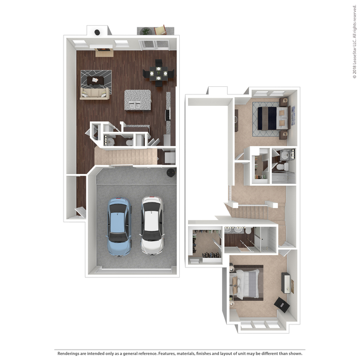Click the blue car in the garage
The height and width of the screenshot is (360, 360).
(x=119, y=227)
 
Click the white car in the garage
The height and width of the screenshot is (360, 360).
(x=152, y=226)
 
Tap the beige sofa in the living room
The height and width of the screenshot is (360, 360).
(x=95, y=93)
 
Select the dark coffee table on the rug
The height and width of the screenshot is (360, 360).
(x=95, y=81)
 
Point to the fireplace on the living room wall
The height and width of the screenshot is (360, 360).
(x=104, y=50)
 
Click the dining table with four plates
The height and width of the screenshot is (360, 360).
(x=159, y=73)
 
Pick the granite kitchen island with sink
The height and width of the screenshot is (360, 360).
(x=138, y=100)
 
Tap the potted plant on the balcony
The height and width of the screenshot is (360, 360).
(x=146, y=31)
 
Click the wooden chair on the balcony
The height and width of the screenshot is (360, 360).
(x=160, y=30)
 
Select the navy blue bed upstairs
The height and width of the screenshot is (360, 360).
(x=273, y=118)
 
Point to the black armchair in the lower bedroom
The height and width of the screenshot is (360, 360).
(x=282, y=304)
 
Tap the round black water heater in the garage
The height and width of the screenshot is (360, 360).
(x=171, y=173)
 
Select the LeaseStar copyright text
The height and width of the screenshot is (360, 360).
(x=354, y=42)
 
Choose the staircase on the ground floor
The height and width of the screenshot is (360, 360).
(x=126, y=156)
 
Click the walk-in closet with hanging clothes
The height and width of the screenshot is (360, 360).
(x=205, y=245)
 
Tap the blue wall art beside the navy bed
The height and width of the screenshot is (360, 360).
(x=293, y=116)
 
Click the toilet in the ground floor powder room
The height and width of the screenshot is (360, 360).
(x=129, y=143)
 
